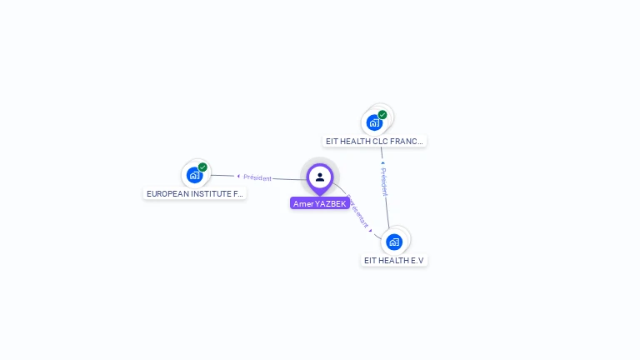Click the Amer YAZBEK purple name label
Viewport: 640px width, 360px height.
pyautogui.click(x=319, y=203)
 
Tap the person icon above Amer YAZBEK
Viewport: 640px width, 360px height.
pyautogui.click(x=320, y=177)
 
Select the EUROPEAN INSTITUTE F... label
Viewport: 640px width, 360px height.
pyautogui.click(x=195, y=193)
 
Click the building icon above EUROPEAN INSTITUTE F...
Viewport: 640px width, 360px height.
pyautogui.click(x=195, y=175)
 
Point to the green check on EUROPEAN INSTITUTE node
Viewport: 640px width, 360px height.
pyautogui.click(x=202, y=167)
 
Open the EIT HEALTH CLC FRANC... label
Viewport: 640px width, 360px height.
pyautogui.click(x=375, y=142)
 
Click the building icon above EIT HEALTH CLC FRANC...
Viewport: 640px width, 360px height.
pyautogui.click(x=374, y=122)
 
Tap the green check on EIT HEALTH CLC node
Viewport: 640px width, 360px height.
pyautogui.click(x=382, y=115)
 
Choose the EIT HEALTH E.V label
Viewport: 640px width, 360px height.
pyautogui.click(x=394, y=260)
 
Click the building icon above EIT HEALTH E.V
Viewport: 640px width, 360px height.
pyautogui.click(x=394, y=242)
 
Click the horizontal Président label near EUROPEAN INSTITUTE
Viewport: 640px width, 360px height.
pyautogui.click(x=257, y=177)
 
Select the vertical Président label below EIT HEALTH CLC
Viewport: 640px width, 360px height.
pyautogui.click(x=384, y=182)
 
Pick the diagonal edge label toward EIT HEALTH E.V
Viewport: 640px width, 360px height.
pyautogui.click(x=357, y=212)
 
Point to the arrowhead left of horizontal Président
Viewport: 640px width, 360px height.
pyautogui.click(x=238, y=177)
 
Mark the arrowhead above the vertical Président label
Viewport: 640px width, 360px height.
pyautogui.click(x=382, y=163)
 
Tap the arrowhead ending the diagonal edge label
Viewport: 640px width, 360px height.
pyautogui.click(x=370, y=229)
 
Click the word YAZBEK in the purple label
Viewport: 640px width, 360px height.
pyautogui.click(x=330, y=203)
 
